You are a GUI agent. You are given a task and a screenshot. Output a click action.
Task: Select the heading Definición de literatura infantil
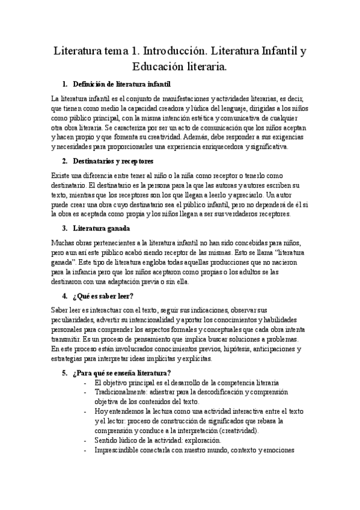(x=125, y=84)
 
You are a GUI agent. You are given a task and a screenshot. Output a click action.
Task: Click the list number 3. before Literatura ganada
(x=65, y=229)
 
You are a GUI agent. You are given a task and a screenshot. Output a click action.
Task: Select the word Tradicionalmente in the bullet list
(x=123, y=392)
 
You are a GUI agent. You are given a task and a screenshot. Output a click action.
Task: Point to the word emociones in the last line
(x=276, y=450)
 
